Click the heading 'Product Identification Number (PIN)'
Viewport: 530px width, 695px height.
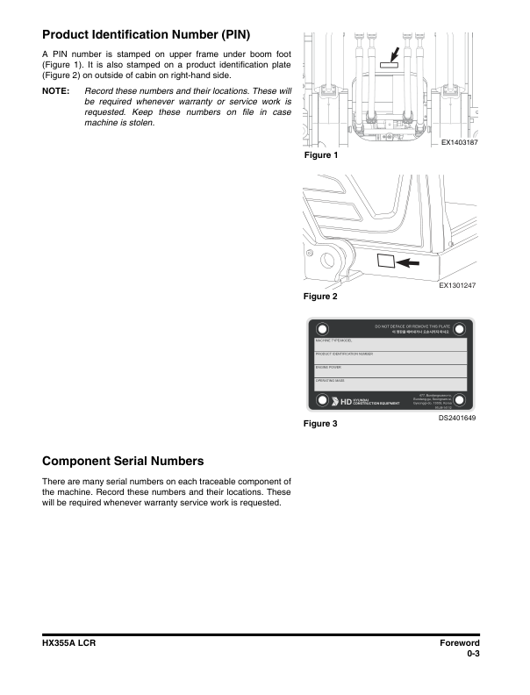coord(146,35)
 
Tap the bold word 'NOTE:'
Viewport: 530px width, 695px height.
coord(57,91)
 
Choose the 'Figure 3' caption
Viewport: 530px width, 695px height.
coord(320,424)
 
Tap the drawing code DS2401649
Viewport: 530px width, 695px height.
coord(457,418)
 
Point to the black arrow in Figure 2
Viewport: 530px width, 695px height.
coord(407,262)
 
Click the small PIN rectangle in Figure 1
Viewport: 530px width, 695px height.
coord(388,64)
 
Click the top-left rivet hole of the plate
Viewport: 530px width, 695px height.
coord(324,328)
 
